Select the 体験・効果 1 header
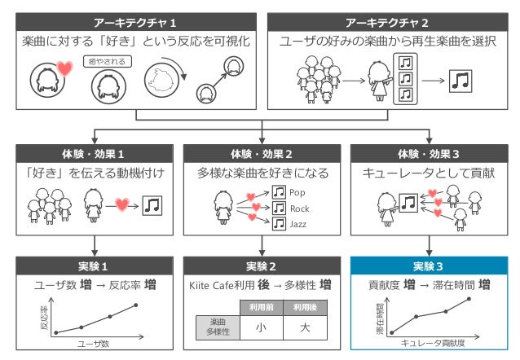[95, 153]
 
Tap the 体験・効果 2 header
[261, 153]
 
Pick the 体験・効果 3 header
[427, 153]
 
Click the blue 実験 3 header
[427, 266]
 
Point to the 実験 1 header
[95, 266]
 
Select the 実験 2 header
[261, 266]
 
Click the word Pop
[297, 193]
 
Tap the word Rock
[299, 209]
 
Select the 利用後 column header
[304, 307]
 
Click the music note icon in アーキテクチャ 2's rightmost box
[462, 80]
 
